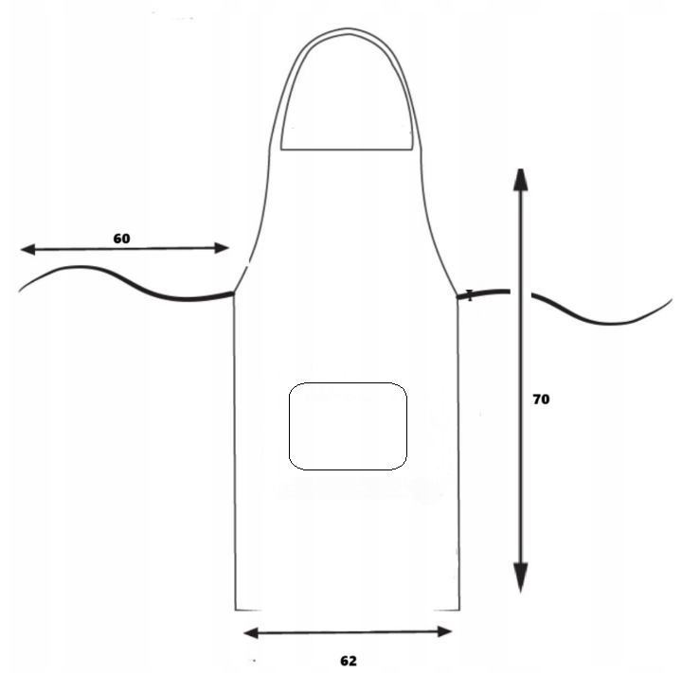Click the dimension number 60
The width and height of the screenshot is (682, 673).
(x=121, y=239)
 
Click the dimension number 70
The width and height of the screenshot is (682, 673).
(x=541, y=399)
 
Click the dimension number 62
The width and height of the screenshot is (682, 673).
(x=349, y=661)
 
